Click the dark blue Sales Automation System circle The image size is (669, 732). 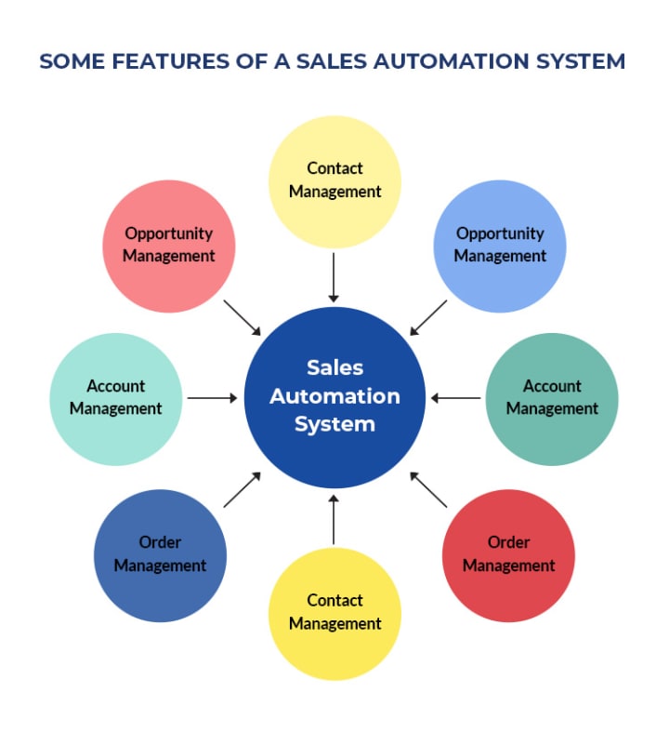coord(334,397)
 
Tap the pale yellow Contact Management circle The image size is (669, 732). coord(334,180)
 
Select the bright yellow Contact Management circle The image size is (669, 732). coord(334,614)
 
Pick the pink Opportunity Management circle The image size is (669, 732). coord(169,246)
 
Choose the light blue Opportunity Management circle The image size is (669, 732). coord(500,246)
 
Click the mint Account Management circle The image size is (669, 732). coord(115,398)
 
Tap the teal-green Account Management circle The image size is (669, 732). coord(552,398)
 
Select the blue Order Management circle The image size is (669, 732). coord(160,555)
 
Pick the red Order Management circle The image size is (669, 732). coord(508,555)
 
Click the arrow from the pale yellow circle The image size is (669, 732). coord(334,276)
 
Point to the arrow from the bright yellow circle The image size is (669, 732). coord(334,520)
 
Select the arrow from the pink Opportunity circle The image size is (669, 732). coord(243,318)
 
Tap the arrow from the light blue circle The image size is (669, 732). coord(427,317)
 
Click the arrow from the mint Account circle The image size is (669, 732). coord(213,398)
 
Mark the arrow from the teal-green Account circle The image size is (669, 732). coord(455,398)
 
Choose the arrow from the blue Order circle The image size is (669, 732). coord(243,489)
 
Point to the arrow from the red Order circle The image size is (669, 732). coord(428,489)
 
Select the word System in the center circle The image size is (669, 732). coord(334,424)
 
